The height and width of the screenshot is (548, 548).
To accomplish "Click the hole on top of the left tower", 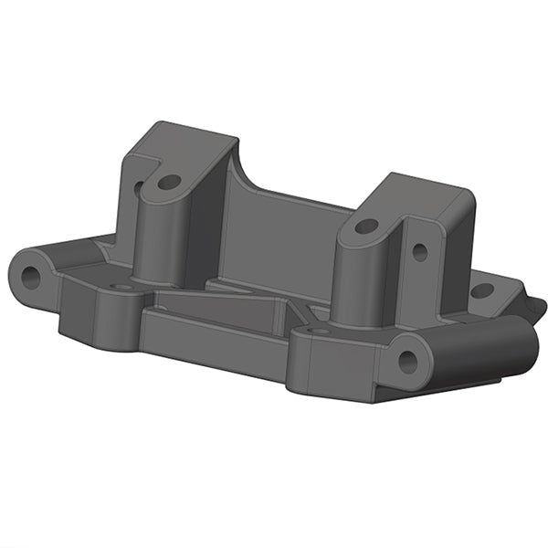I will coord(168,183).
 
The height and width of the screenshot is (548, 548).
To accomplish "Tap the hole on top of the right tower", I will coord(366,226).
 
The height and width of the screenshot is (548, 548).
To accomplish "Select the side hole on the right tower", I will coord(419,249).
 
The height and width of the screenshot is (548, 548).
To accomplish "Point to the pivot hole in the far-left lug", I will coord(32,278).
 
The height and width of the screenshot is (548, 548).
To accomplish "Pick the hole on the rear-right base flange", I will coord(481,291).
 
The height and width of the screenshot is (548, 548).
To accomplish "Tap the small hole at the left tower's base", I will coord(121,287).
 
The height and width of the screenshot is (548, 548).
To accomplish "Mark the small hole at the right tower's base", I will coord(319,331).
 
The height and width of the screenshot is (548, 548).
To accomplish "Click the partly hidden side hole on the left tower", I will coord(139,190).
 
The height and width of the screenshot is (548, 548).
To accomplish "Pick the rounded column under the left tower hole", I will coord(160,237).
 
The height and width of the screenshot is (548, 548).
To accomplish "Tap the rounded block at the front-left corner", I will coord(91,306).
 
